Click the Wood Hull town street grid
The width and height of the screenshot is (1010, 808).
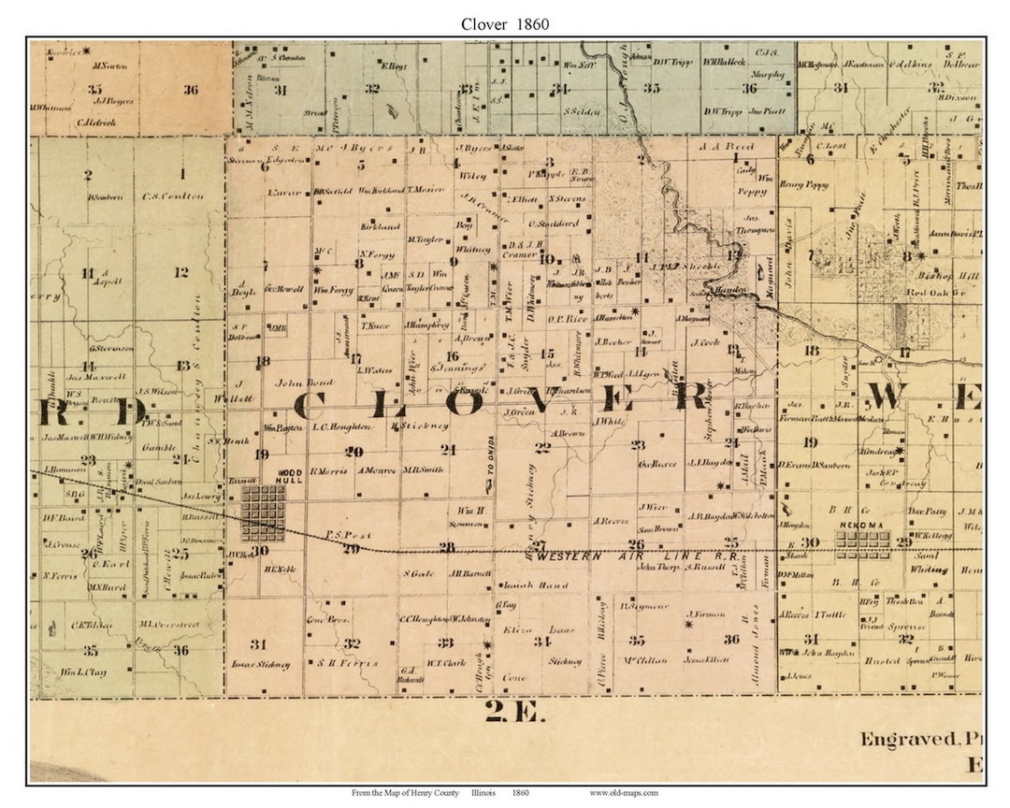point(263,513)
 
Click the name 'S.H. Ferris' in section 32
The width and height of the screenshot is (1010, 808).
point(348,663)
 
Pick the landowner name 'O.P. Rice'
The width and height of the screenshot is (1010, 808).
point(568,319)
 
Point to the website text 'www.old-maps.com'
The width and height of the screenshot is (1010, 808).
point(623,793)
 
